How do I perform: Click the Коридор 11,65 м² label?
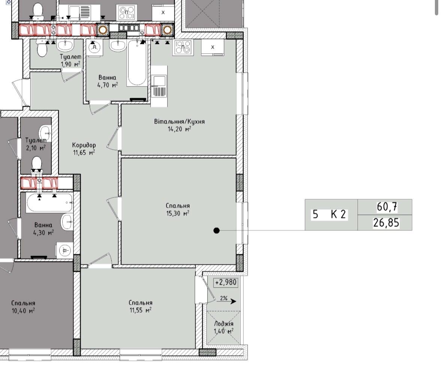(x=84, y=149)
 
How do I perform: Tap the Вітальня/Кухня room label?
(x=179, y=122)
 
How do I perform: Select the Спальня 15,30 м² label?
(x=178, y=210)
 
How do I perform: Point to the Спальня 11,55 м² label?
(x=141, y=307)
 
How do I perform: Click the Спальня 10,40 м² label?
(x=23, y=307)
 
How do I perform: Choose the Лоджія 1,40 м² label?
(x=223, y=327)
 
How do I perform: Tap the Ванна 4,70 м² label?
(x=107, y=81)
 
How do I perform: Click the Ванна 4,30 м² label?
(x=43, y=229)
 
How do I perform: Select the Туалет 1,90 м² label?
(x=70, y=61)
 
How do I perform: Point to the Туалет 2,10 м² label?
(x=36, y=144)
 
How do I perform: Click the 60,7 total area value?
(x=387, y=207)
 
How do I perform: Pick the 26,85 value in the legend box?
(x=386, y=223)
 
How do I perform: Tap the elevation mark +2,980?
(x=226, y=282)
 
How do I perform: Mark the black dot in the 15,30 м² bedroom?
(x=216, y=231)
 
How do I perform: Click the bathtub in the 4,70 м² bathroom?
(x=137, y=63)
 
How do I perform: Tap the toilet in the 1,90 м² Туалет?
(x=42, y=48)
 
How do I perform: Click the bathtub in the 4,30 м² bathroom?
(x=49, y=202)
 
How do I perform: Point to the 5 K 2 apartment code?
(x=329, y=214)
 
